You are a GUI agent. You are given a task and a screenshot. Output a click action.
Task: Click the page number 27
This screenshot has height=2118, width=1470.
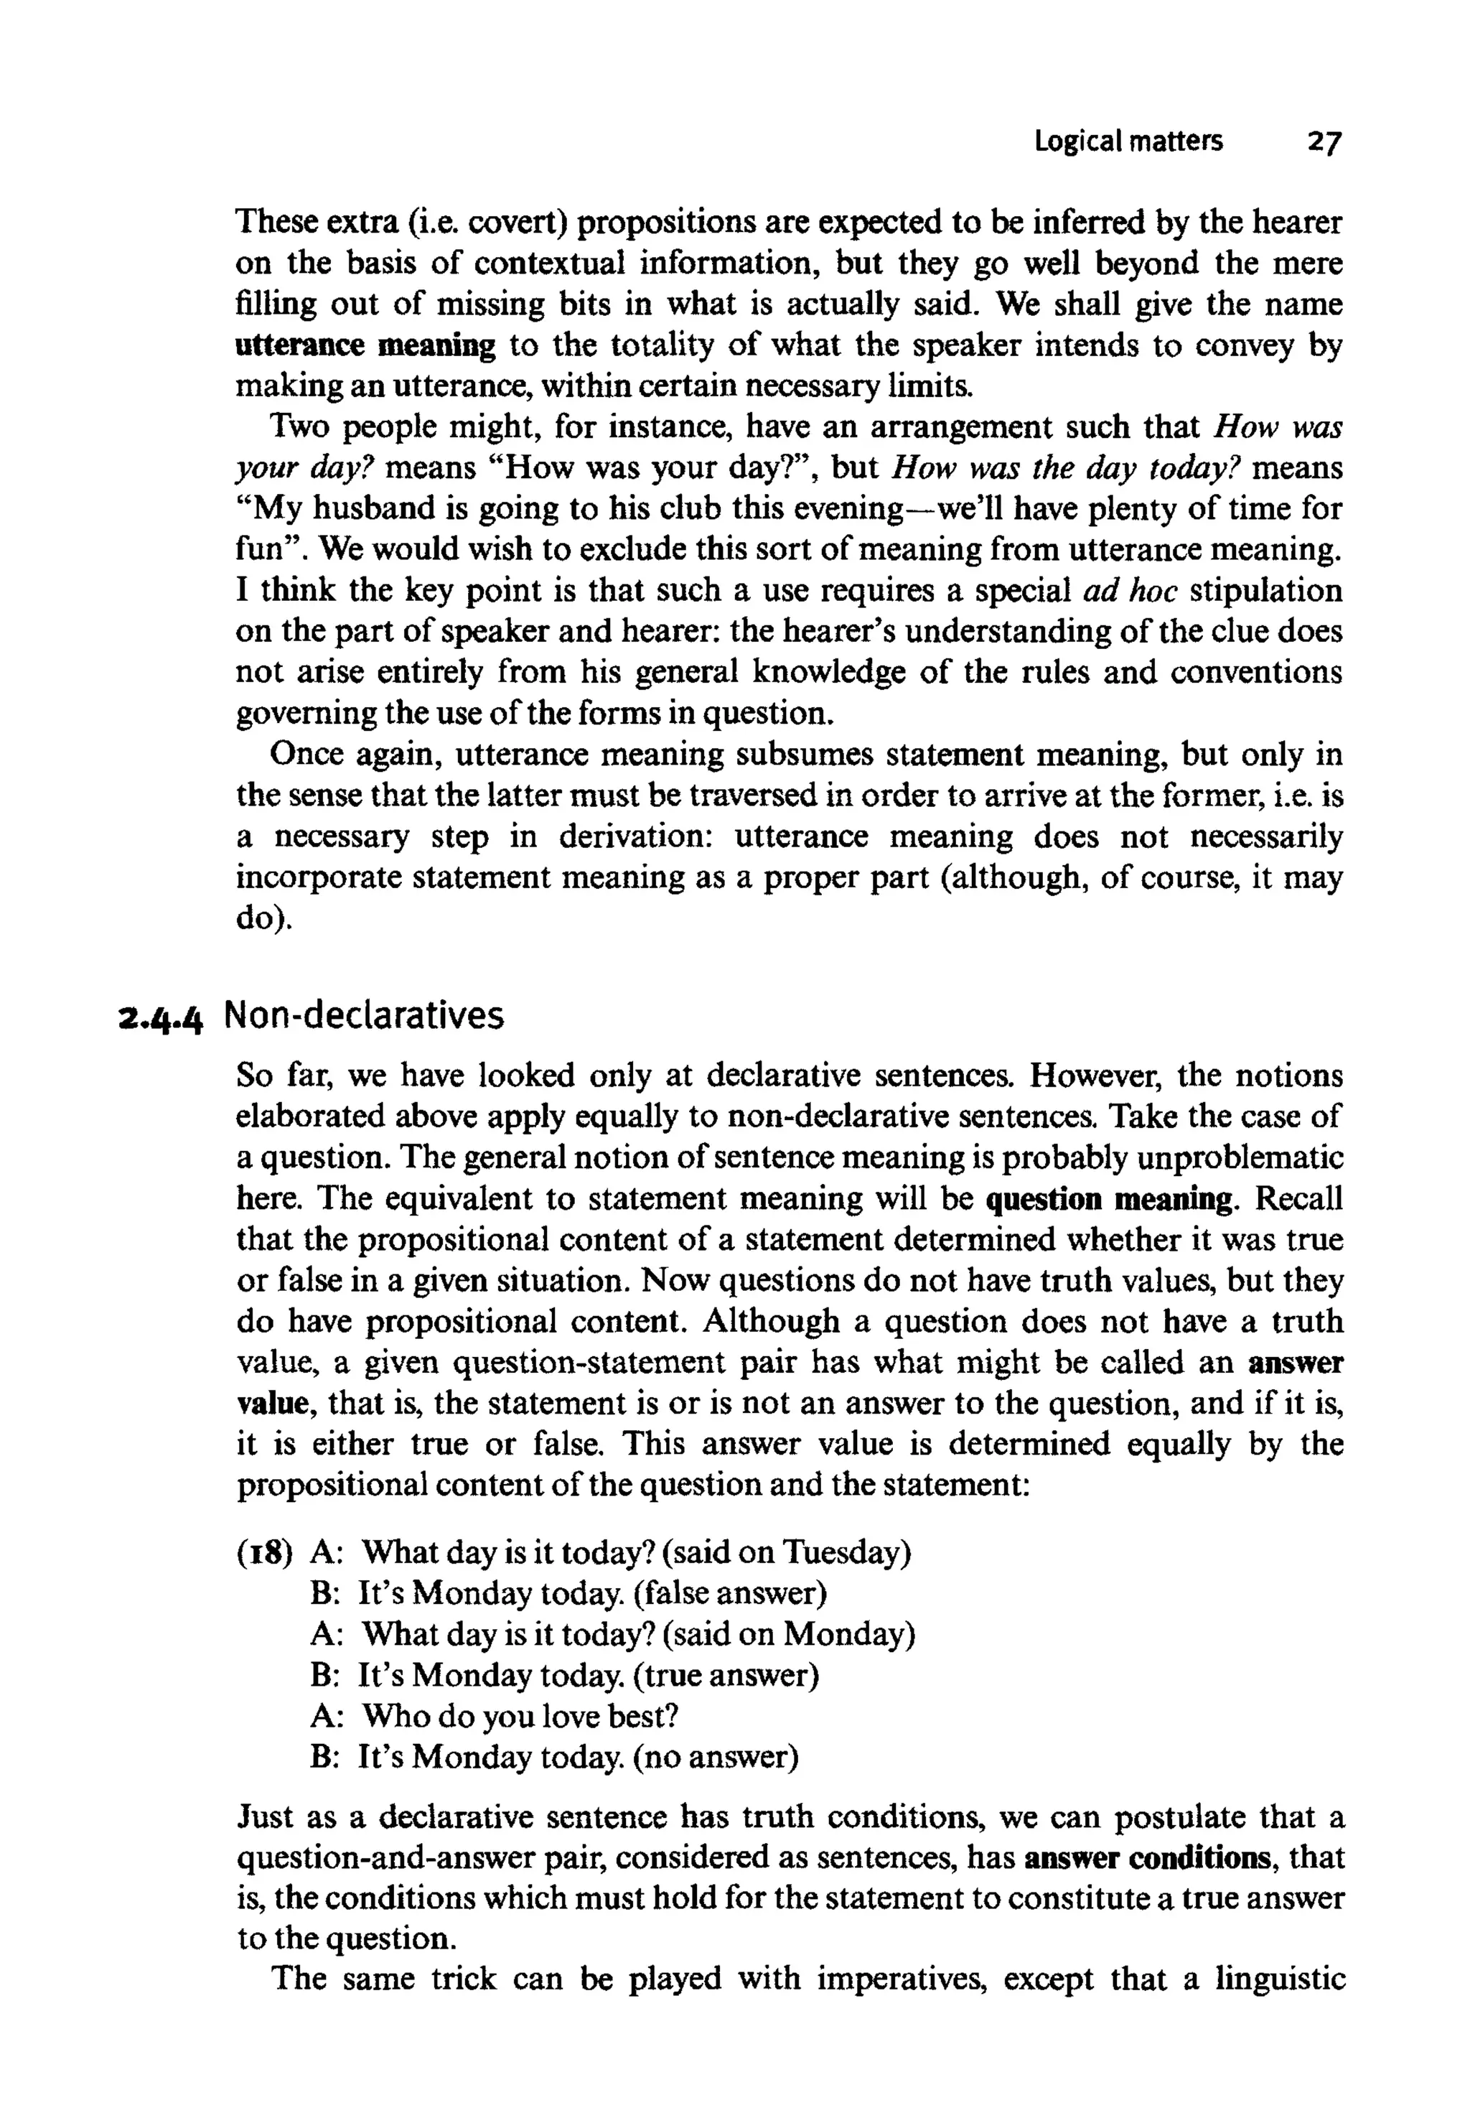[1324, 143]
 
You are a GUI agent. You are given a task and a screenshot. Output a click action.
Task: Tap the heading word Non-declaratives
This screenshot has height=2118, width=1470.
[364, 1015]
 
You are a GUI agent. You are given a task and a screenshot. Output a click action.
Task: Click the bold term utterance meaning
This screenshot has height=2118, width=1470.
[365, 345]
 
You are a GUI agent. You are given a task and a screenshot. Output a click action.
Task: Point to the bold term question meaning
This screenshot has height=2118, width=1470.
[1109, 1200]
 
